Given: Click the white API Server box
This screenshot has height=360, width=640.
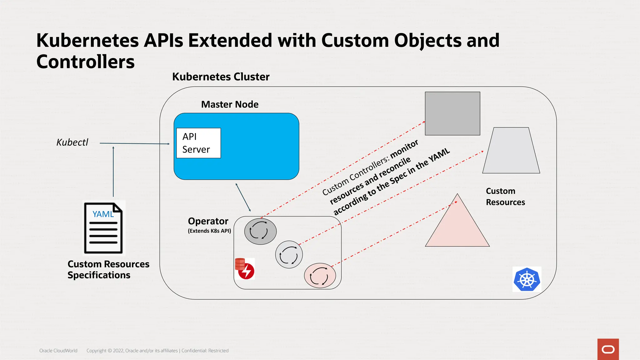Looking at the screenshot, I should click(198, 143).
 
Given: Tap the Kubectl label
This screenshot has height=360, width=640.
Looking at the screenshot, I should click(72, 142).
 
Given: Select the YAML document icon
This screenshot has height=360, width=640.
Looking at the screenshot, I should click(103, 228).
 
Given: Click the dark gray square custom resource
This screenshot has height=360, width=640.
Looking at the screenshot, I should click(452, 113).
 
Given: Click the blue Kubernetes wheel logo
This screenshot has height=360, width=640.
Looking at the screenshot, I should click(527, 279).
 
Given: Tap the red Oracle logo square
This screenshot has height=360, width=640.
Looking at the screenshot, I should click(608, 349).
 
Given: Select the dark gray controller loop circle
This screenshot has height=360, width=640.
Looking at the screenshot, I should click(260, 231).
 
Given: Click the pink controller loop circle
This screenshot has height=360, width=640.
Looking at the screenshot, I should click(320, 275).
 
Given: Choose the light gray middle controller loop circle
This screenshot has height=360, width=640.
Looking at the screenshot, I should click(289, 255).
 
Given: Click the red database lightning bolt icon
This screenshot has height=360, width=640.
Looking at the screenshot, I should click(245, 269).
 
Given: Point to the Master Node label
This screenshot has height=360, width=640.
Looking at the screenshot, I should click(230, 104).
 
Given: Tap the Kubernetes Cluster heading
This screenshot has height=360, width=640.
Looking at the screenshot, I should click(221, 77).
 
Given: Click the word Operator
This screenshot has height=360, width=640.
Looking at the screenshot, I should click(208, 221).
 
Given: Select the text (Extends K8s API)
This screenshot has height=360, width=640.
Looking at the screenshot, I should click(209, 231).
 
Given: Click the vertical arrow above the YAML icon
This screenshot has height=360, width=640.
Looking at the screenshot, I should click(113, 172).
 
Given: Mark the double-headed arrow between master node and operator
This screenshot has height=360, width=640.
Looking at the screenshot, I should click(243, 197).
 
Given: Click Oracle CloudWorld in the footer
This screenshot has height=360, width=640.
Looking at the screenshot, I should click(58, 351).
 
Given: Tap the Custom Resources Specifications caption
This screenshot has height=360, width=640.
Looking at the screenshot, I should click(108, 269).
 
